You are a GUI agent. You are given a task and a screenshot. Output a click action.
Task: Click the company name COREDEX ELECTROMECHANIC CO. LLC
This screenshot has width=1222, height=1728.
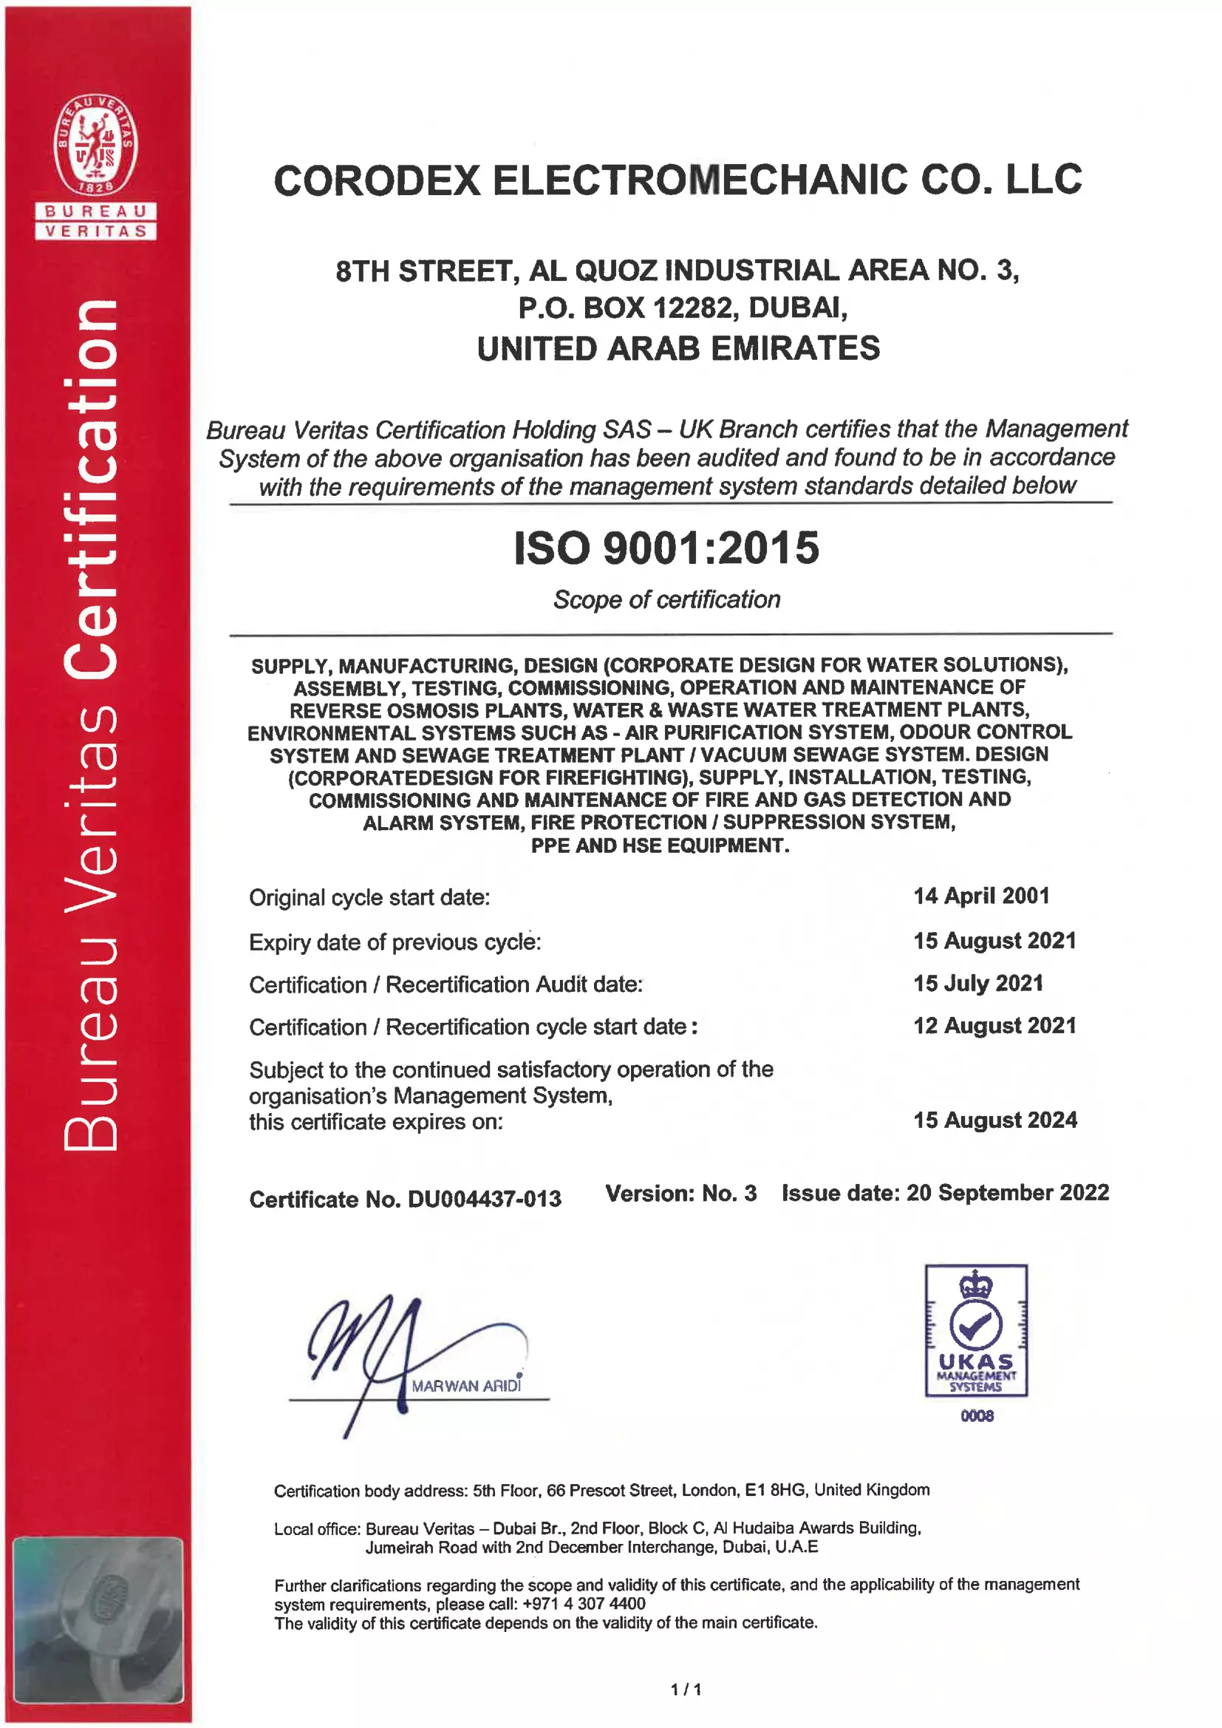677,180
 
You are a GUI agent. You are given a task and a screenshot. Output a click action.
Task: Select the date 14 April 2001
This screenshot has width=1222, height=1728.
981,896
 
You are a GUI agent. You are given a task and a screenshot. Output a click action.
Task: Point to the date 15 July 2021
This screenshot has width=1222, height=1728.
978,983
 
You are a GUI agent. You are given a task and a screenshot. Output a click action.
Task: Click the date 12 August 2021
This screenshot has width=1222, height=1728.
994,1026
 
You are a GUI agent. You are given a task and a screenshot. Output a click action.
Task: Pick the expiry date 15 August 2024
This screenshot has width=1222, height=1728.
994,1120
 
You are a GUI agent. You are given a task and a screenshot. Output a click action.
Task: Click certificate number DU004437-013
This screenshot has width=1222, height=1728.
484,1199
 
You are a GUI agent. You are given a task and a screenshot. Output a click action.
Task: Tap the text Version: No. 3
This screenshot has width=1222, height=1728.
681,1193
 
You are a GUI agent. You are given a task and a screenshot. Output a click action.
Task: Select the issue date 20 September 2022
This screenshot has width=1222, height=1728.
1008,1192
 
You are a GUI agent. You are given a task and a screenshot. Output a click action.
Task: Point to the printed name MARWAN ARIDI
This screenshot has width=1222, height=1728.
465,1386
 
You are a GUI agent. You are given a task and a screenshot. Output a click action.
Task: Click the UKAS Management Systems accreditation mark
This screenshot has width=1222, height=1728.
976,1330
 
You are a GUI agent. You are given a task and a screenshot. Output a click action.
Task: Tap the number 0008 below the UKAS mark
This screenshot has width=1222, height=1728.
977,1415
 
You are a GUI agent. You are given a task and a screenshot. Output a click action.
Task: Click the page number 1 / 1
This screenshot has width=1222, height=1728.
686,1690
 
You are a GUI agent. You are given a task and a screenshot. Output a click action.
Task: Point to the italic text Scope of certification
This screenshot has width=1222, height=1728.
666,600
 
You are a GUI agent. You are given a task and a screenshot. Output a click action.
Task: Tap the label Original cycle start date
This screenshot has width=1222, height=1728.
369,898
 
